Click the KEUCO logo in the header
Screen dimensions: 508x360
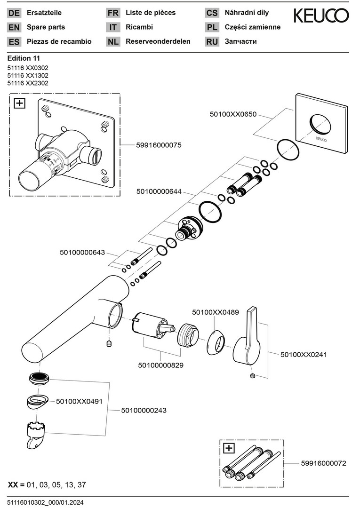coord(321,16)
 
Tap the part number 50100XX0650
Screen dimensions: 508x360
coord(233,114)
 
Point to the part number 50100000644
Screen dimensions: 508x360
coord(159,191)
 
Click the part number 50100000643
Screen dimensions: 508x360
coord(82,253)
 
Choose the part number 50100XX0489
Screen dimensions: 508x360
coord(216,312)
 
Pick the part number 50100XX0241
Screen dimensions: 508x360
coord(304,355)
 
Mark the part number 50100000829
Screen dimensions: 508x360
coord(161,365)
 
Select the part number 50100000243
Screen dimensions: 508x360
coord(144,410)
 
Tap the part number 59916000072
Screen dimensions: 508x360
coord(323,463)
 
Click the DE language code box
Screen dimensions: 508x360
coord(14,13)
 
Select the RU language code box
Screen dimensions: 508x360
coord(212,41)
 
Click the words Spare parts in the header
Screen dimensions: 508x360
coord(46,27)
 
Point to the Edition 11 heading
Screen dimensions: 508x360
coord(24,58)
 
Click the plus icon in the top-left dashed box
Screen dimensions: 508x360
coord(19,103)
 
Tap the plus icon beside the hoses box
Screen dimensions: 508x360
coord(229,448)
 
